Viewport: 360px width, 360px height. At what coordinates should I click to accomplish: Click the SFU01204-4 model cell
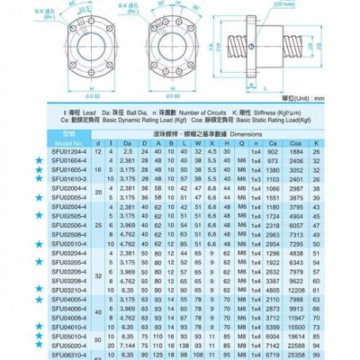(x=47, y=152)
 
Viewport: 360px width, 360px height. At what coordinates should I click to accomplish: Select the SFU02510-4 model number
(x=47, y=243)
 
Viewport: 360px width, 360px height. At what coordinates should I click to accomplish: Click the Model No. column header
(x=47, y=143)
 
